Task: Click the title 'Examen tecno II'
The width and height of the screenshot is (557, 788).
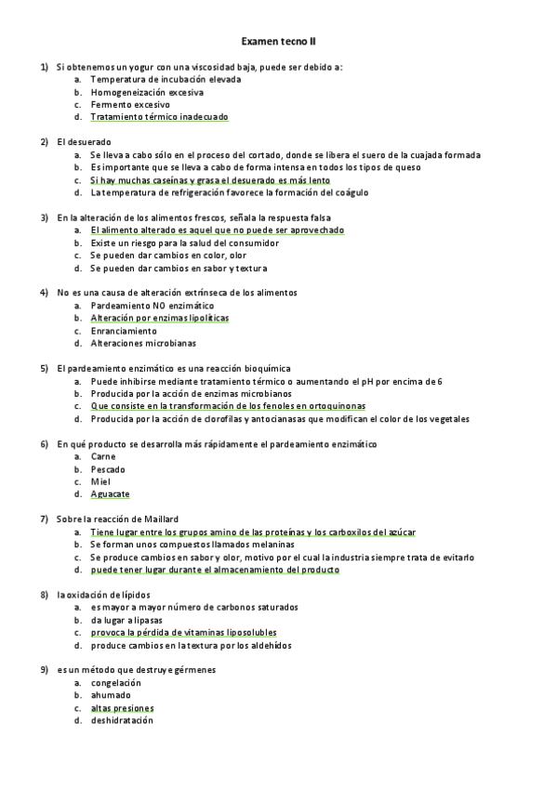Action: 278,42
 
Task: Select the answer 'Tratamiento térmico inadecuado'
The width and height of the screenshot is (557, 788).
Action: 159,117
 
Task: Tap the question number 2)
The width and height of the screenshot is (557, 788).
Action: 44,142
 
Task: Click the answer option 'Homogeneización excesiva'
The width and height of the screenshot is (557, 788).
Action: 147,92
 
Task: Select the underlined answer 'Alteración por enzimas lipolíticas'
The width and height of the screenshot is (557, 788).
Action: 159,318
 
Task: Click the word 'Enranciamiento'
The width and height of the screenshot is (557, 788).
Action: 124,331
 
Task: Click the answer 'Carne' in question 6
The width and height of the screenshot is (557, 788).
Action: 103,456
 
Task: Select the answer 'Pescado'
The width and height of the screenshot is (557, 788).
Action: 108,469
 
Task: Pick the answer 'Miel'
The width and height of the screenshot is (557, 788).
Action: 100,481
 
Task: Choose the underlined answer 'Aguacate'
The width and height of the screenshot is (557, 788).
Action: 110,494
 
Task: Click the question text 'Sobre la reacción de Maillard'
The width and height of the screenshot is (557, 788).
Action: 117,519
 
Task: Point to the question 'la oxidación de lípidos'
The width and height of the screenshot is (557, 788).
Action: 103,594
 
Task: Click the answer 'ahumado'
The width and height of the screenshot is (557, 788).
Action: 111,695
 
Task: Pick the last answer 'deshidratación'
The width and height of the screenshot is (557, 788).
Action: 122,720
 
